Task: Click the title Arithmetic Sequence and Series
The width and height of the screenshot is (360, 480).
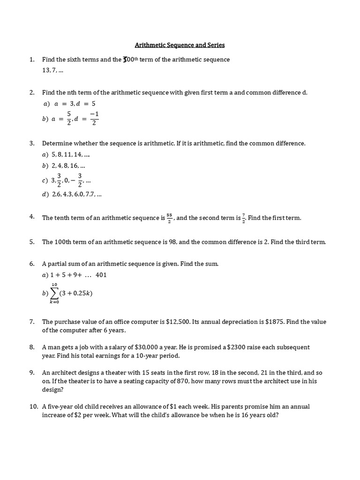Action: point(180,45)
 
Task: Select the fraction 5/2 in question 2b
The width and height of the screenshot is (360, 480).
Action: point(69,119)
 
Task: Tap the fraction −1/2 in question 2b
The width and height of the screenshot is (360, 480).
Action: point(94,119)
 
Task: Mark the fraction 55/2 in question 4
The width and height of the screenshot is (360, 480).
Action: point(169,218)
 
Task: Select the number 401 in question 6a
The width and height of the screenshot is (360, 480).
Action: point(101,275)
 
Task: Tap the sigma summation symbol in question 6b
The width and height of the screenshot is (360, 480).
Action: point(55,293)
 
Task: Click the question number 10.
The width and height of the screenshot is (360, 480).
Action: point(33,406)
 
